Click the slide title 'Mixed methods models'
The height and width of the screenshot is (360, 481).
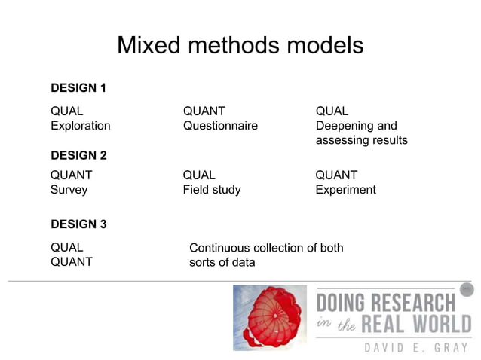(240, 46)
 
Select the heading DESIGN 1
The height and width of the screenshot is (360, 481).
(78, 88)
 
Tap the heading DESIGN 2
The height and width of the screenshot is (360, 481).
(78, 156)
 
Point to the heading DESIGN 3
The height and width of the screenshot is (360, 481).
(78, 224)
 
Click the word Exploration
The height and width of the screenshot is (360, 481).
(80, 126)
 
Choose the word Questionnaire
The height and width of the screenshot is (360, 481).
(220, 126)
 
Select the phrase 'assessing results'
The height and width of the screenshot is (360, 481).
(361, 140)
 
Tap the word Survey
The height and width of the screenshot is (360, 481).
(69, 190)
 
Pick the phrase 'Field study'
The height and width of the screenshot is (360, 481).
(212, 190)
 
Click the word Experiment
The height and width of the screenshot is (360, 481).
(345, 190)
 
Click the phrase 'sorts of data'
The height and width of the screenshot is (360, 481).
(222, 262)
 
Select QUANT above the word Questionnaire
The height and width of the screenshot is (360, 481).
(204, 111)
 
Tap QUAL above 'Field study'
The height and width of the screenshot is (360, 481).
(199, 175)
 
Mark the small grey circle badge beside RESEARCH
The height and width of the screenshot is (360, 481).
(467, 289)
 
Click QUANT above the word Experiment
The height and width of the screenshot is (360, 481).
(336, 175)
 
